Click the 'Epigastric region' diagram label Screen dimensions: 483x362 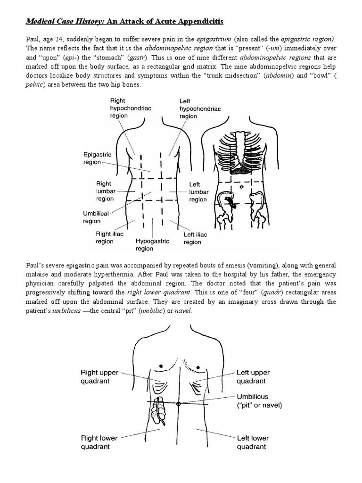pyautogui.click(x=92, y=158)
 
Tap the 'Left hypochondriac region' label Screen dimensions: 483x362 pyautogui.click(x=194, y=108)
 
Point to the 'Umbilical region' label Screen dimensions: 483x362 pyautogui.click(x=96, y=217)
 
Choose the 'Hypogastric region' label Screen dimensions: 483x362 pyautogui.click(x=152, y=244)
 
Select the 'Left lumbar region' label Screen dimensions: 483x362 pyautogui.click(x=198, y=192)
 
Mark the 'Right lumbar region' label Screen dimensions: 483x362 pyautogui.click(x=104, y=191)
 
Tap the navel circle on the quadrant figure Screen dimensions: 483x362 pyautogui.click(x=178, y=404)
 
